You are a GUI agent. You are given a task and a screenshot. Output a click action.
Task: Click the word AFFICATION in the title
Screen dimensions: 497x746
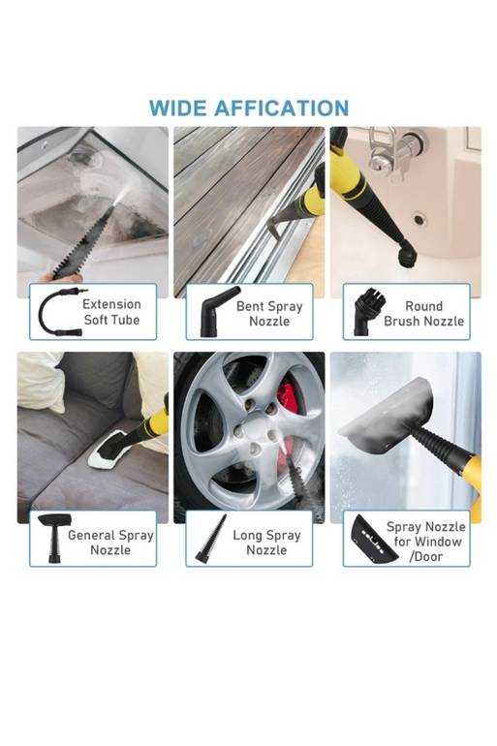click(282, 109)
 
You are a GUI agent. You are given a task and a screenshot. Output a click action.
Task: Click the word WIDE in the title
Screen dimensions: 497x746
click(178, 109)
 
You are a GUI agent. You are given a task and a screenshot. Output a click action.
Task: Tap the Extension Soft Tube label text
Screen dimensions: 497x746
click(111, 312)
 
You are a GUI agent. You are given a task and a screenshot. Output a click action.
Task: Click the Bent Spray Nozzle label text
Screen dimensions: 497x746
click(269, 314)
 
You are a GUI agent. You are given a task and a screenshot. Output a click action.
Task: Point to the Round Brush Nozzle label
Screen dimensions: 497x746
click(423, 314)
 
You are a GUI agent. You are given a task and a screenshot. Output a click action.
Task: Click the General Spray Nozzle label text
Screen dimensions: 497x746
click(110, 543)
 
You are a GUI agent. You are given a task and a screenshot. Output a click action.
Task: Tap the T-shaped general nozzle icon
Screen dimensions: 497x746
click(54, 538)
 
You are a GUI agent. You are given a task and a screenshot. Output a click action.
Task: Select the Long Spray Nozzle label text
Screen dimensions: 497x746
click(266, 543)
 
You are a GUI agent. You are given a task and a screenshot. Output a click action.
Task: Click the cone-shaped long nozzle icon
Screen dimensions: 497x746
click(211, 539)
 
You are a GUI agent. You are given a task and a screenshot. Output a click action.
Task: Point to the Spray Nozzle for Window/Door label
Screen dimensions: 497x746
click(425, 542)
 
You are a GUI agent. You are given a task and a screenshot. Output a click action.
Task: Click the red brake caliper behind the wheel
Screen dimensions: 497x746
click(288, 397)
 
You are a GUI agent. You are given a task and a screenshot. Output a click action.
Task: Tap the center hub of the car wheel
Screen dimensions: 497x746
click(254, 426)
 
